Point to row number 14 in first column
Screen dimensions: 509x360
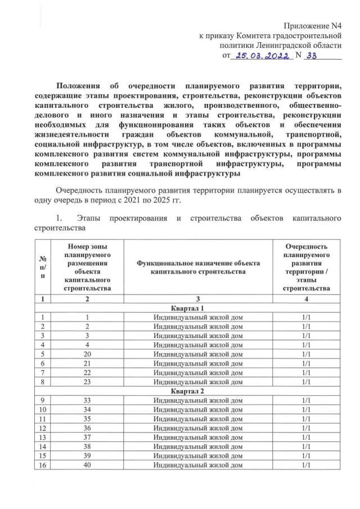coord(43,447)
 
